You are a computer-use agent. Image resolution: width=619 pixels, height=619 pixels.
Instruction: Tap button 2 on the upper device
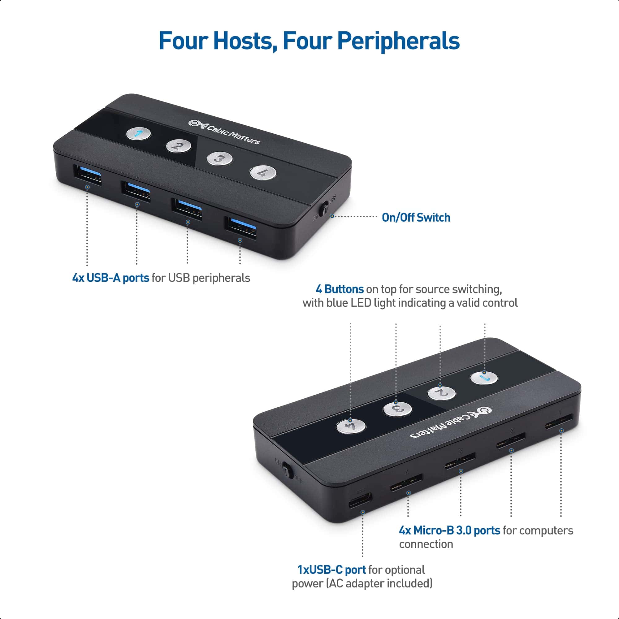pos(179,146)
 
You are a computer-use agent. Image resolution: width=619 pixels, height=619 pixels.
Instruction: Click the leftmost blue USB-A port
pos(88,175)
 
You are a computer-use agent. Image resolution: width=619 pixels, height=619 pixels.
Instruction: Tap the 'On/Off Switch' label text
pos(416,218)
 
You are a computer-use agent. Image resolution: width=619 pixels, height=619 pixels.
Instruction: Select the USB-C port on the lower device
pos(360,500)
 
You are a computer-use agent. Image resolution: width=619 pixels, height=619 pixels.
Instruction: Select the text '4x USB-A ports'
pos(110,278)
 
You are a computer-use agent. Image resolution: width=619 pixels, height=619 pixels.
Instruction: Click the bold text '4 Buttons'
pos(340,289)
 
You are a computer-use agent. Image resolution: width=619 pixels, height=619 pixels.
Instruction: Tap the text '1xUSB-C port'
pos(331,570)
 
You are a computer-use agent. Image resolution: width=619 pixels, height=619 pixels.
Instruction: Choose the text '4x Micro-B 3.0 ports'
pos(449,530)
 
